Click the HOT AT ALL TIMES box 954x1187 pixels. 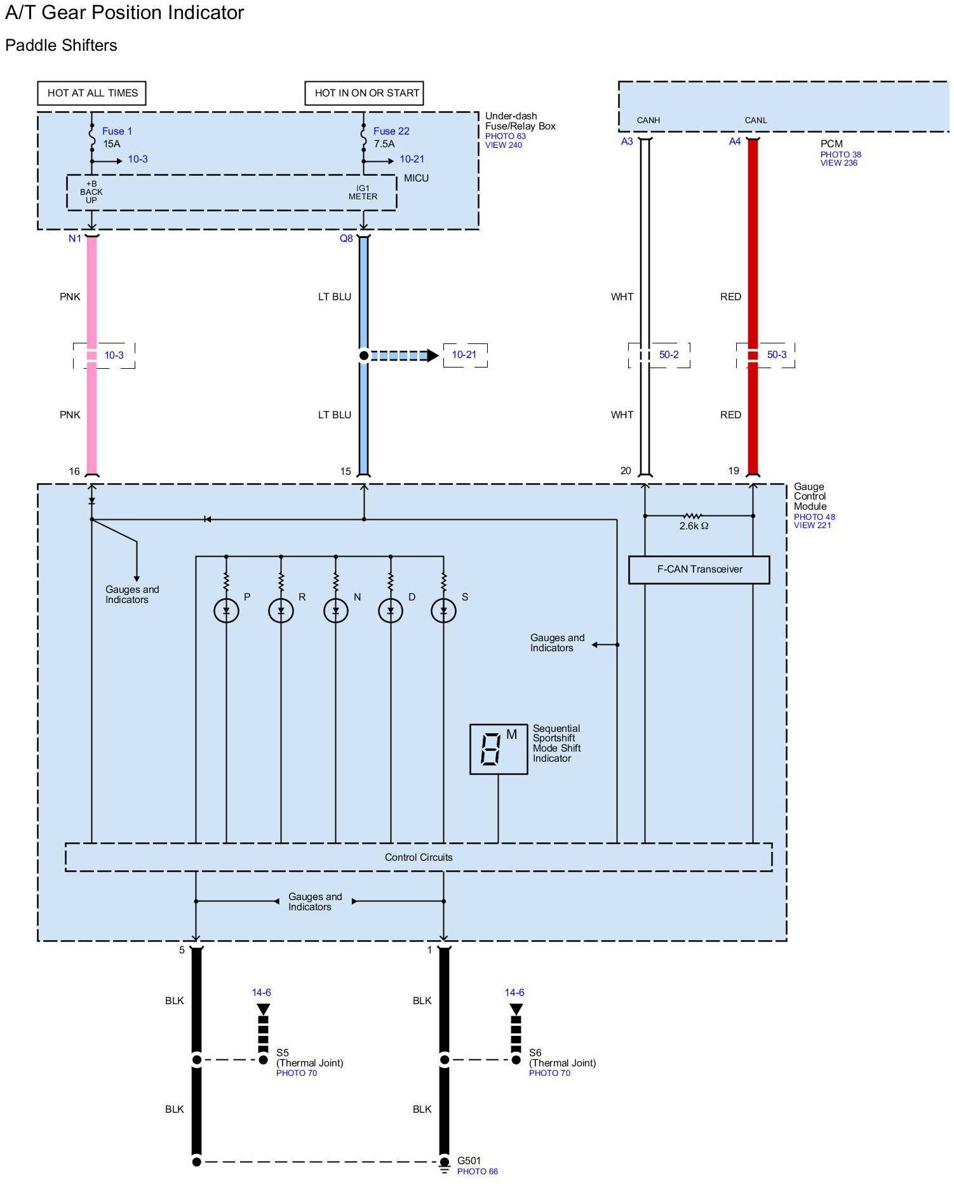click(92, 93)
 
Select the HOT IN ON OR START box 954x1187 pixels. click(365, 93)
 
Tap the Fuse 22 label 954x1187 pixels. click(391, 131)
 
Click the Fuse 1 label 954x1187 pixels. click(117, 131)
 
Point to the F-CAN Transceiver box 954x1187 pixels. click(699, 569)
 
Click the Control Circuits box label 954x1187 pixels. click(419, 858)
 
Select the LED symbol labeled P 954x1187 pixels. click(226, 611)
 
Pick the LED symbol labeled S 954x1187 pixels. click(443, 611)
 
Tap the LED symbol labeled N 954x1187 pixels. click(336, 611)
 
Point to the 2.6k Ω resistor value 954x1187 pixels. click(694, 526)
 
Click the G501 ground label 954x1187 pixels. click(469, 1161)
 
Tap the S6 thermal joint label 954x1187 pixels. click(535, 1052)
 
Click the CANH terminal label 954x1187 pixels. click(648, 120)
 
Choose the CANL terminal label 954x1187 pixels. click(756, 120)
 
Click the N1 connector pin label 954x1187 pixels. click(75, 239)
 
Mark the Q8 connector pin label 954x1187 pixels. click(346, 239)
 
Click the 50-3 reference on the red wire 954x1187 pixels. click(777, 355)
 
